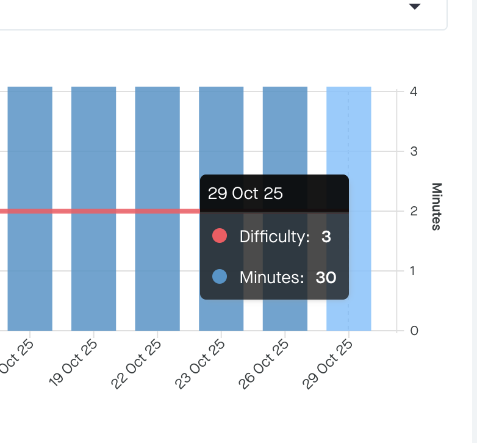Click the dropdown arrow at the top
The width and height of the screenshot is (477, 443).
(x=415, y=6)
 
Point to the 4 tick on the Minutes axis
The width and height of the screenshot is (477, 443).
(x=414, y=92)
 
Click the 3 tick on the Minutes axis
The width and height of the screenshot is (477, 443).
(x=414, y=151)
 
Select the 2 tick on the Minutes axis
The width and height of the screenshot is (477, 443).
(x=414, y=211)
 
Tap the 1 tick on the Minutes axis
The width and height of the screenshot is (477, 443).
(x=414, y=271)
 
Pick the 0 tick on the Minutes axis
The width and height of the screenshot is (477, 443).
(x=414, y=331)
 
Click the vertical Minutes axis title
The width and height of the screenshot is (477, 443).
(x=436, y=206)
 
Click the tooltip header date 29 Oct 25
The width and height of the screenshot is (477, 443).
(x=245, y=194)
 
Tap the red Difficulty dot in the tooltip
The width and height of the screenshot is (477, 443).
(x=220, y=236)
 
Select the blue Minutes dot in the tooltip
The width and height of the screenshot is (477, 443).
(x=220, y=277)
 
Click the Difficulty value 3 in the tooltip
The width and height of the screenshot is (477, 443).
(x=326, y=237)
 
